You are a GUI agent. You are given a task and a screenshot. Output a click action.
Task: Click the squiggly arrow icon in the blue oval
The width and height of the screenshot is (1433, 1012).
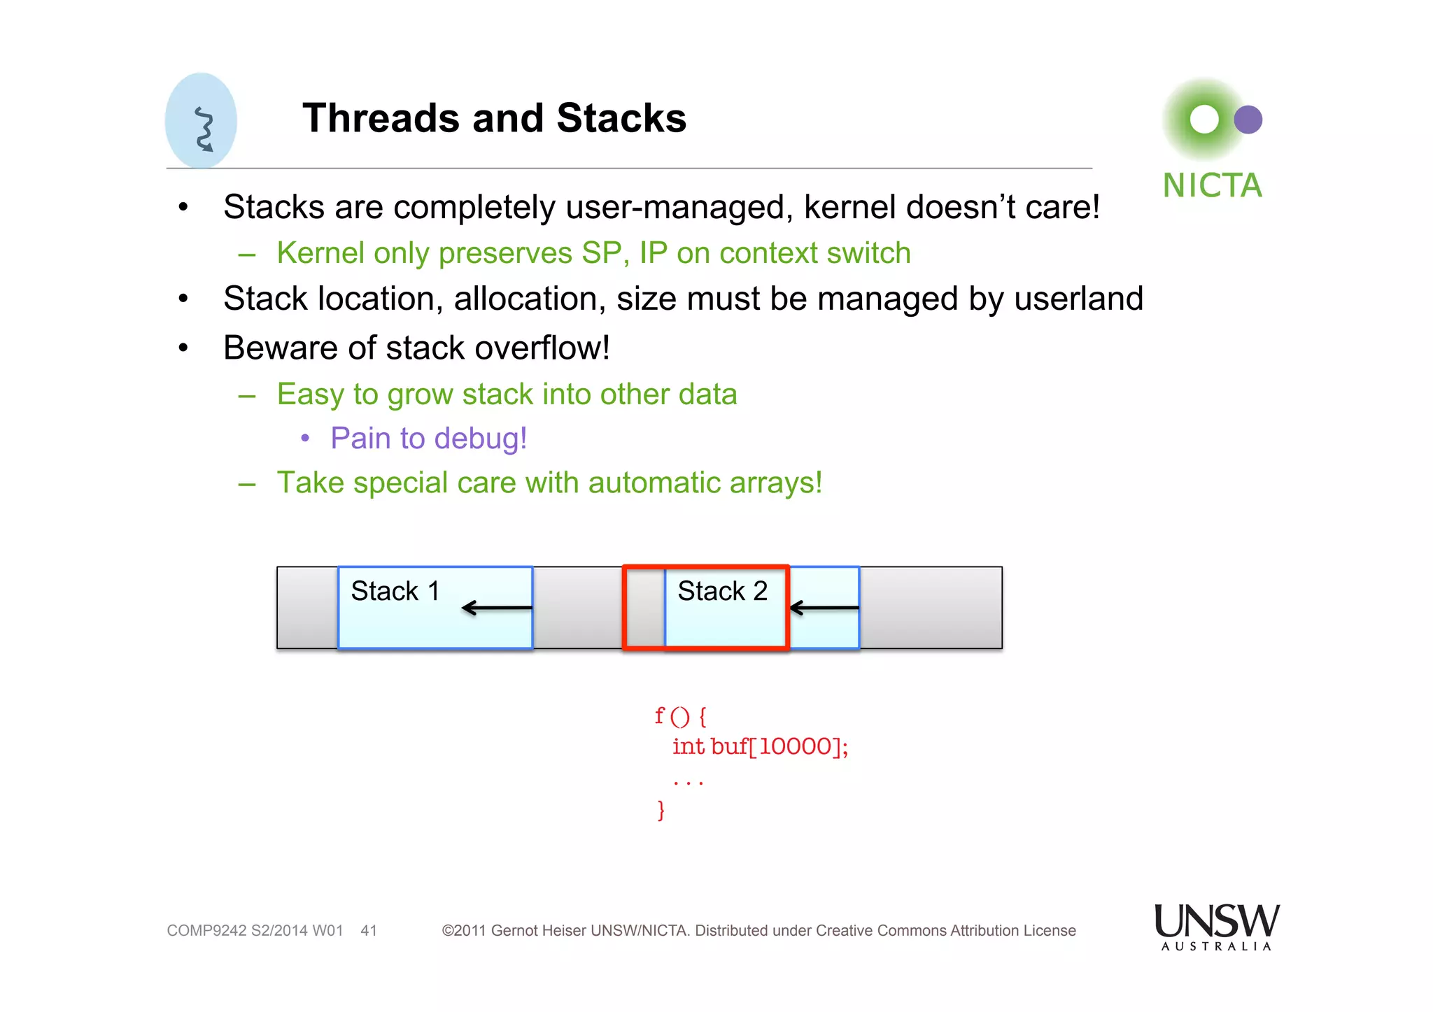point(204,129)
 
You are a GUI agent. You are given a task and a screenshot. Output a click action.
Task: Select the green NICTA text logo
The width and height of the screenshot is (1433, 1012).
point(1212,186)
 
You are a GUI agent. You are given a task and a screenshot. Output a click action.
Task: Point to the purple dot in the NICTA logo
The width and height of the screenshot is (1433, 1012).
point(1248,120)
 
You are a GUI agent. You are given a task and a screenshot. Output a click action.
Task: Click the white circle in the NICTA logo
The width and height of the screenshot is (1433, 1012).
point(1204,120)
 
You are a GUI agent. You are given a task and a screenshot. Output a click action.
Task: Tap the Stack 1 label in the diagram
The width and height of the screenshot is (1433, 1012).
point(395,591)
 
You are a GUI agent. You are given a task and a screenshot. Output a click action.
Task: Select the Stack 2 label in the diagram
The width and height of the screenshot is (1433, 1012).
point(722,591)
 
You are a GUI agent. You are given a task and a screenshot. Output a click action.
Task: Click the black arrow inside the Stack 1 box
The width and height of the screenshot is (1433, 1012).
point(497,608)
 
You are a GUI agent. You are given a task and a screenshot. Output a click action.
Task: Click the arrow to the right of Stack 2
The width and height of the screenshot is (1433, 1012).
point(824,608)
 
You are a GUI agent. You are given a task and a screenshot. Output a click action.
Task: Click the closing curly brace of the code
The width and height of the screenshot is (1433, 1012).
point(661,810)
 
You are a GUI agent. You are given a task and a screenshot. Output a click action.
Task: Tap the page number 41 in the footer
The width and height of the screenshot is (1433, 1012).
point(369,931)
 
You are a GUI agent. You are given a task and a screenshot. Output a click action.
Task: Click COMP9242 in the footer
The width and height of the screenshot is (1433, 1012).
point(206,931)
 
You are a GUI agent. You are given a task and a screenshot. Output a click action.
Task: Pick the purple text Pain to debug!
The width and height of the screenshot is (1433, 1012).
point(428,439)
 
